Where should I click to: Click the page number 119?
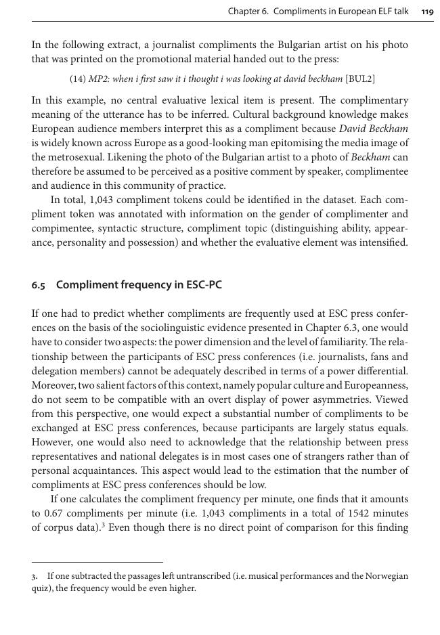pyautogui.click(x=426, y=12)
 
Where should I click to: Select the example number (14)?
pyautogui.click(x=78, y=79)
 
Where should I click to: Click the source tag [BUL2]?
pyautogui.click(x=360, y=79)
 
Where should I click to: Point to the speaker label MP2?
pyautogui.click(x=100, y=79)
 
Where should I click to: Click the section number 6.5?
pyautogui.click(x=39, y=285)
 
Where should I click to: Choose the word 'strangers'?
pyautogui.click(x=328, y=456)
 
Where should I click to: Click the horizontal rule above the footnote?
pyautogui.click(x=97, y=562)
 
